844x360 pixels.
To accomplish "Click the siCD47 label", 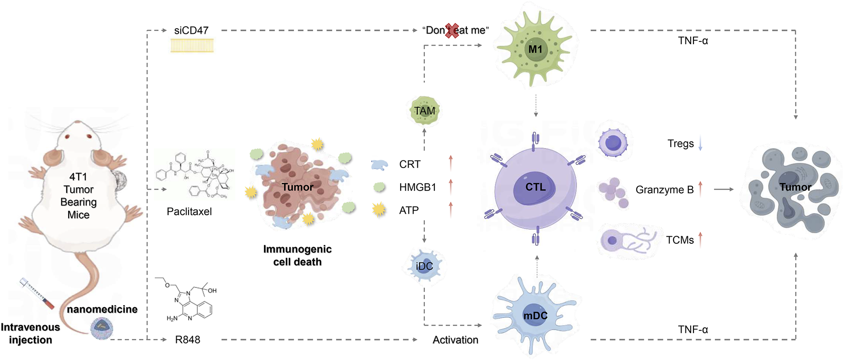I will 191,30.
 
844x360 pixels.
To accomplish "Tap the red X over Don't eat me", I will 452,31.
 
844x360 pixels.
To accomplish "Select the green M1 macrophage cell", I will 535,49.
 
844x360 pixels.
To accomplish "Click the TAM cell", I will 424,110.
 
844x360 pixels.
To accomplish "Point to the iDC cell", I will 424,266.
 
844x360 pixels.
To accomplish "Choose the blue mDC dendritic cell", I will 535,316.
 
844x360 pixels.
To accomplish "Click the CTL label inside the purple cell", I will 535,187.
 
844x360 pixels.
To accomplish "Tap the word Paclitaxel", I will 189,211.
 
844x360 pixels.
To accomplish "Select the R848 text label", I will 187,340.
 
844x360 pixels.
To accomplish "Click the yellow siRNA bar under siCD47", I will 192,46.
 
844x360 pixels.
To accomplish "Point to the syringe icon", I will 37,293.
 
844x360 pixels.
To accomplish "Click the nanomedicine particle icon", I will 101,328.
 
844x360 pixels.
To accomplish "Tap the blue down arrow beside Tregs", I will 700,143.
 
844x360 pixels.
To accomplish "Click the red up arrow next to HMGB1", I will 451,187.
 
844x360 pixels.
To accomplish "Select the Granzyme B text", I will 664,190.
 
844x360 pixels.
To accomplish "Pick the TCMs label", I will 679,240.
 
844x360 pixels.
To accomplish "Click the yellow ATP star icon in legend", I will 379,210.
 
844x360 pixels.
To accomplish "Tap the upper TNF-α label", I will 693,41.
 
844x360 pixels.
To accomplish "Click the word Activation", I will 455,340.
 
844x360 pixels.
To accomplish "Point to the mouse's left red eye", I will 68,137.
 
